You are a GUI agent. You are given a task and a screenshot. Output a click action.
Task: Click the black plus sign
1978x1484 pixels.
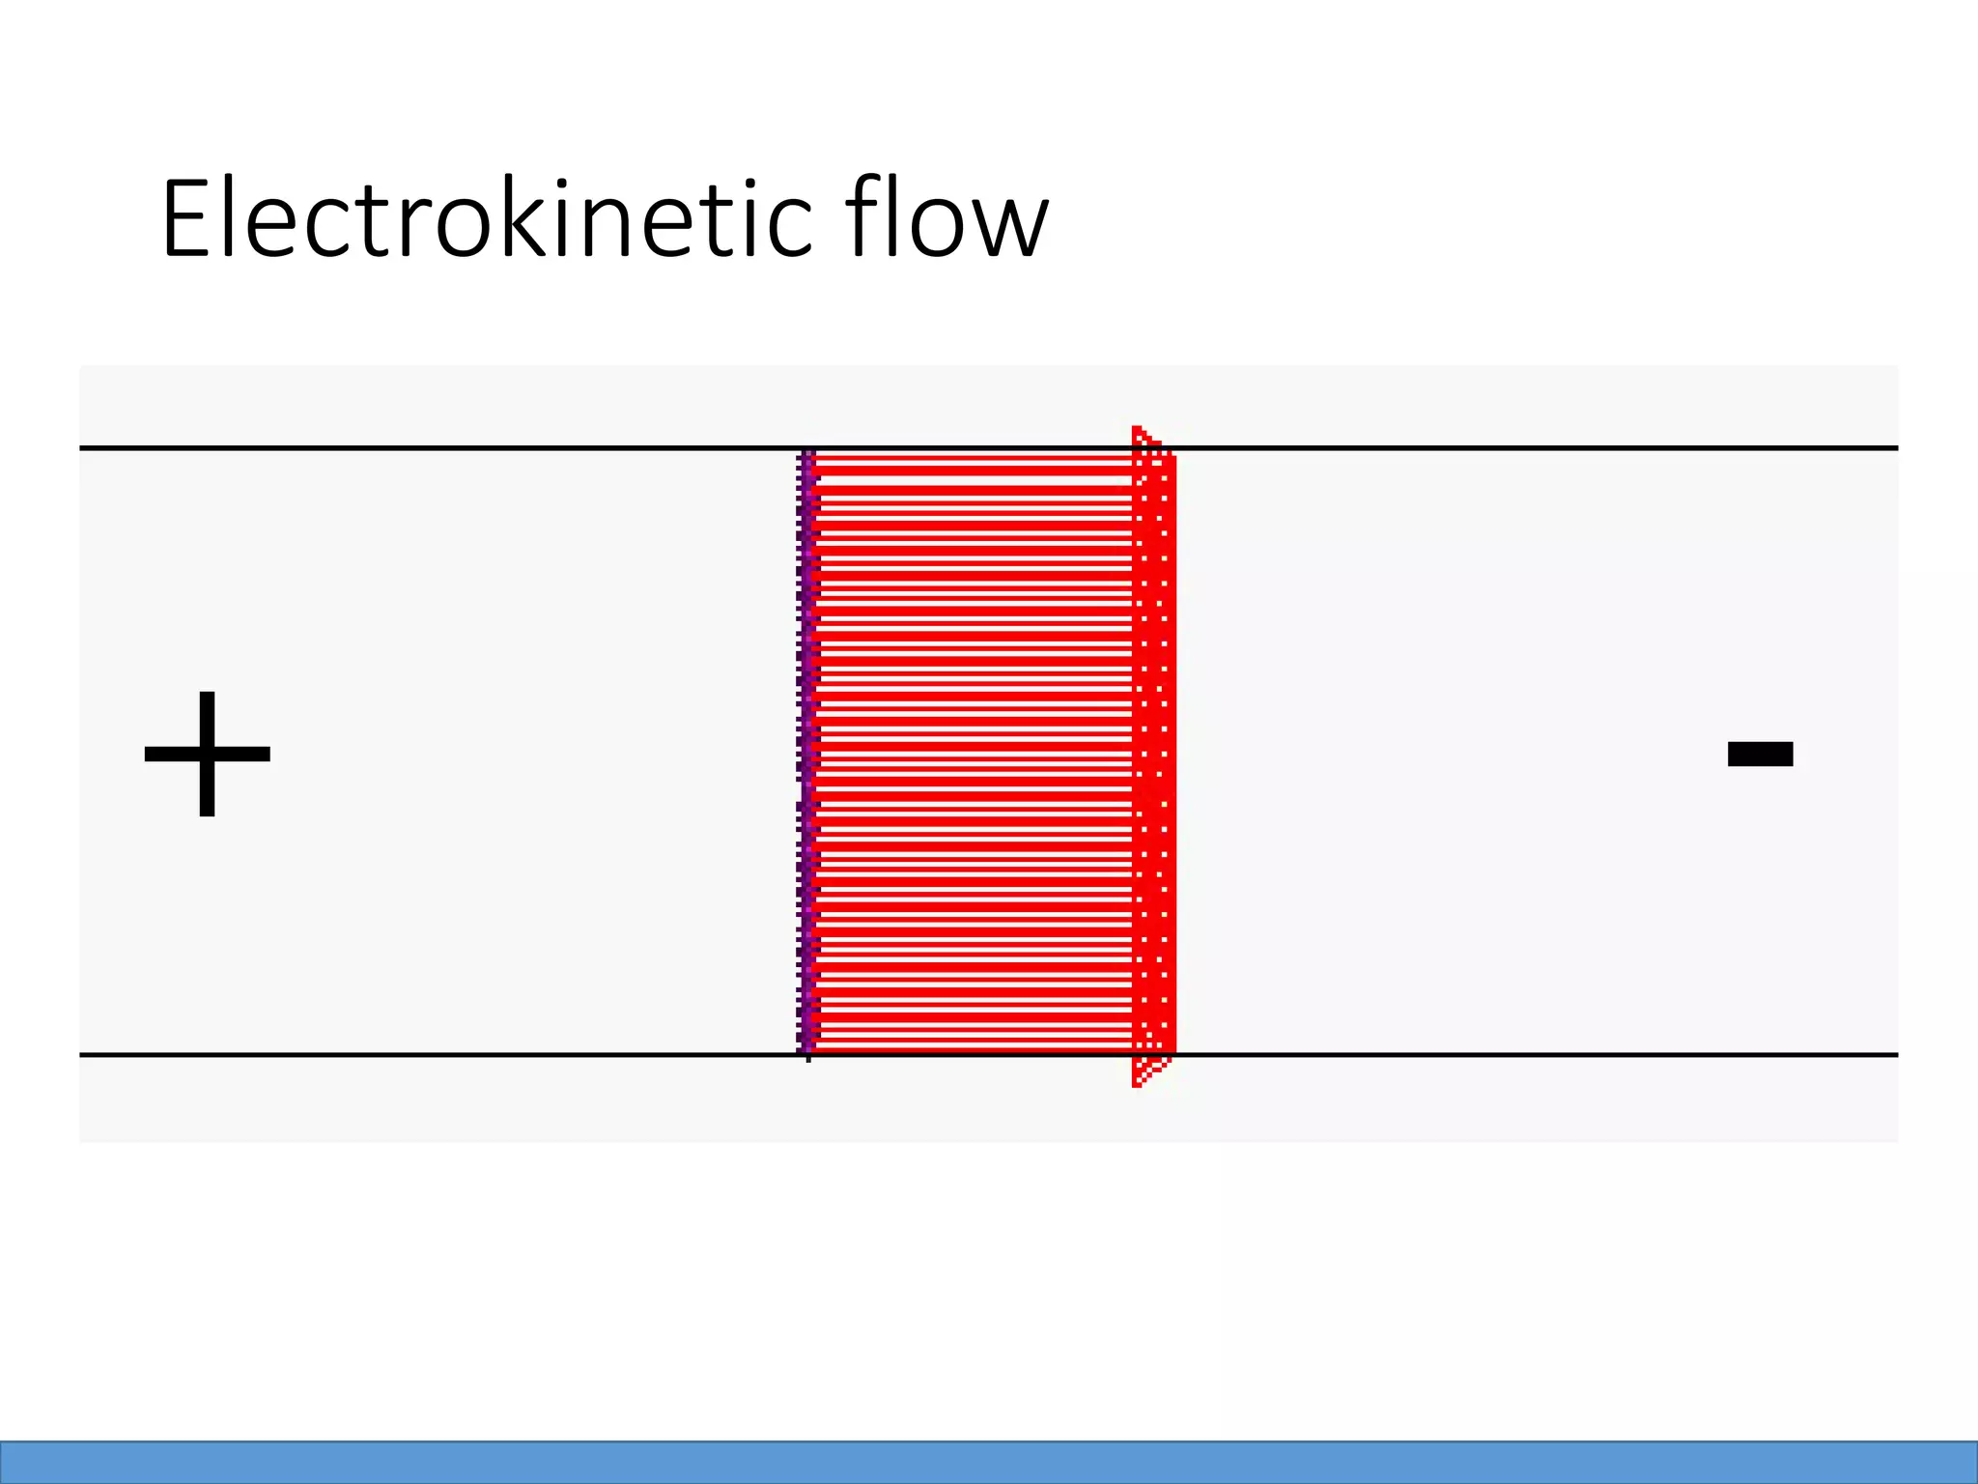tap(207, 754)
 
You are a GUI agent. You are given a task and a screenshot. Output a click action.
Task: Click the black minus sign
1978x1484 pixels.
tap(1760, 754)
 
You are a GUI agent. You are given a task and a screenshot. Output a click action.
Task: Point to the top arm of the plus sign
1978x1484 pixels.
tap(207, 715)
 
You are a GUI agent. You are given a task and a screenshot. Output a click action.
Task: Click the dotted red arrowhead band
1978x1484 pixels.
tap(1154, 754)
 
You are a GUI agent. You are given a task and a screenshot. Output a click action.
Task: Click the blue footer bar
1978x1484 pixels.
tap(989, 1462)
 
